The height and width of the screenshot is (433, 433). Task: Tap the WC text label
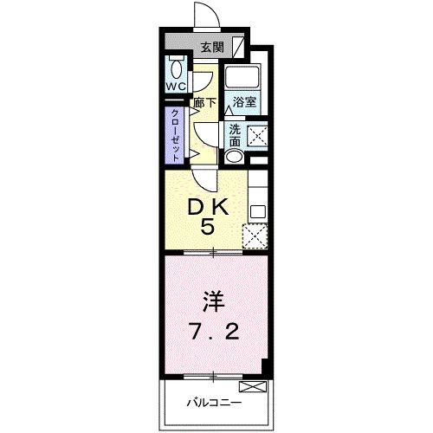pos(176,87)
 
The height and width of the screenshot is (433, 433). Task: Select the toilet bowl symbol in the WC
pos(177,69)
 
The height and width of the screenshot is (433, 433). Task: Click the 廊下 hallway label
pos(204,102)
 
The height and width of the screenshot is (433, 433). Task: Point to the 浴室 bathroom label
pos(244,102)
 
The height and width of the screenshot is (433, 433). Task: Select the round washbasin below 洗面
pos(234,157)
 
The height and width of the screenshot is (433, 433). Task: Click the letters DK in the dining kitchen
pos(208,207)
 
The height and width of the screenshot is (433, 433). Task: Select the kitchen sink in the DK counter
pos(256,210)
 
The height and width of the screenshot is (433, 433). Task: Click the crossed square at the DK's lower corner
pos(255,236)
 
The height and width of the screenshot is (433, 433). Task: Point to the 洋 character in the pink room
pos(213,302)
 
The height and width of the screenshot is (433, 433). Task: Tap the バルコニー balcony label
pos(212,403)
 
